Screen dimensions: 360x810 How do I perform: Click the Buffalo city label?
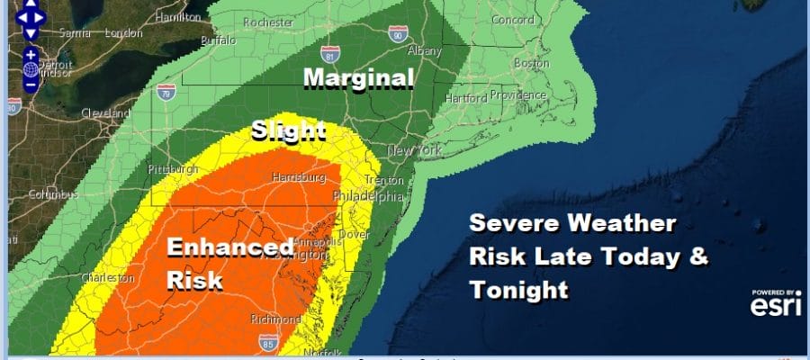(x=218, y=40)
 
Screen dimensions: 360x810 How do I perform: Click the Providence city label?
(x=518, y=95)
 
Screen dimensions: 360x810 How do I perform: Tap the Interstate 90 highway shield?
(x=397, y=33)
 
